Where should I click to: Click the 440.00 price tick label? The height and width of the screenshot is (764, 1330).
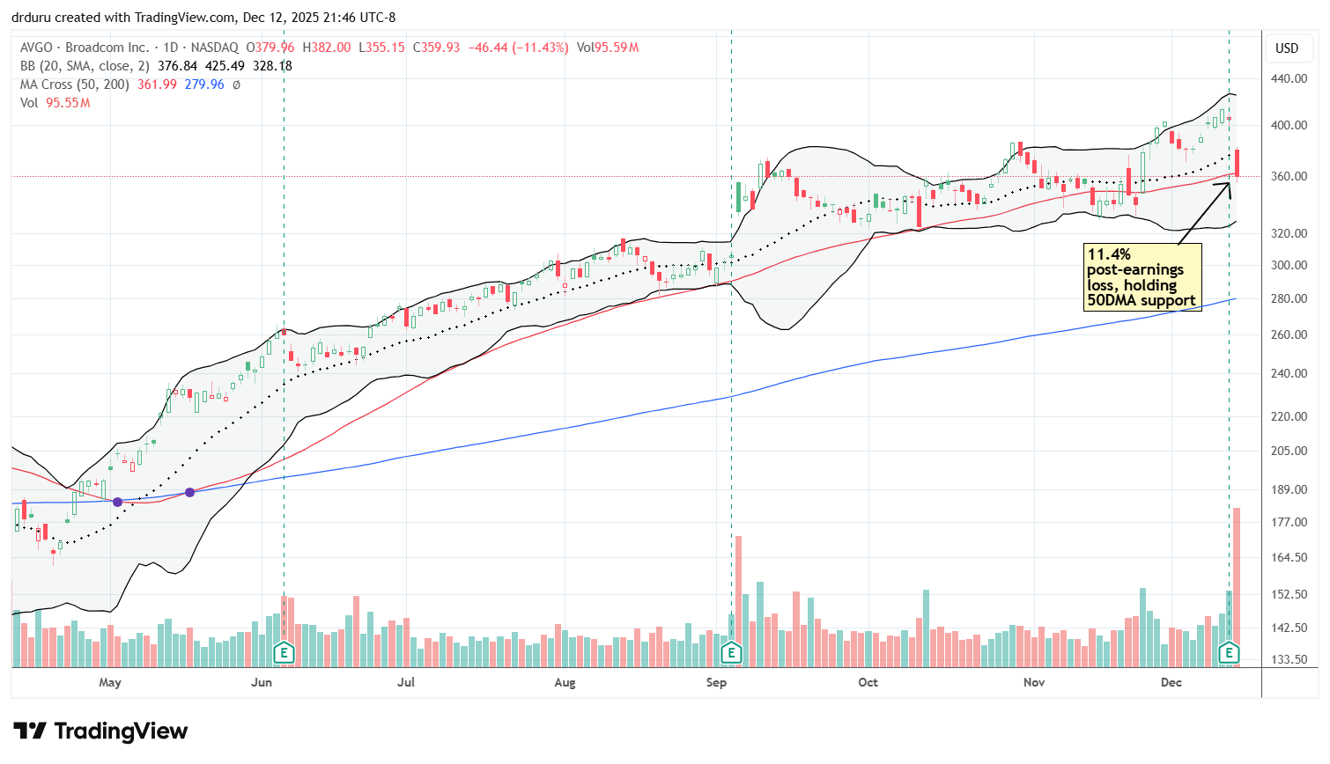tap(1289, 78)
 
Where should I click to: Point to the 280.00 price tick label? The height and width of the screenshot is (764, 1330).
tap(1289, 298)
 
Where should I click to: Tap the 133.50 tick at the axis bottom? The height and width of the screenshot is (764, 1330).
tap(1289, 659)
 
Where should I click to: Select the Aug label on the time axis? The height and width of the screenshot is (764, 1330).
tap(565, 682)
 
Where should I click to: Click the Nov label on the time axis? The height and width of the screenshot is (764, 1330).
tap(1034, 682)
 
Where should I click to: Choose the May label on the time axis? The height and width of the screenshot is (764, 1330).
tap(110, 682)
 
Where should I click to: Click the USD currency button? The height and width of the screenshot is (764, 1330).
tap(1287, 48)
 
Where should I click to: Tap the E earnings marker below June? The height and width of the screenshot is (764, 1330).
tap(284, 652)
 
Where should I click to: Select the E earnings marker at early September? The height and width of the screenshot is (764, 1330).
tap(731, 652)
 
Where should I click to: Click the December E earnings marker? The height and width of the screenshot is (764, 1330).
tap(1229, 652)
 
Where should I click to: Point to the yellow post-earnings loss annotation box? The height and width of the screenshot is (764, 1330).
tap(1142, 277)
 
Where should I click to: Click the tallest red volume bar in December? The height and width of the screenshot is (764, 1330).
tap(1237, 585)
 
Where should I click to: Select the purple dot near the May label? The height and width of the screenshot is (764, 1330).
tap(117, 501)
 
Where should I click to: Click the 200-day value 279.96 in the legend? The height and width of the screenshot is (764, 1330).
tap(204, 84)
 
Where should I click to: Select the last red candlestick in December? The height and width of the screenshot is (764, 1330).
tap(1238, 164)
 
